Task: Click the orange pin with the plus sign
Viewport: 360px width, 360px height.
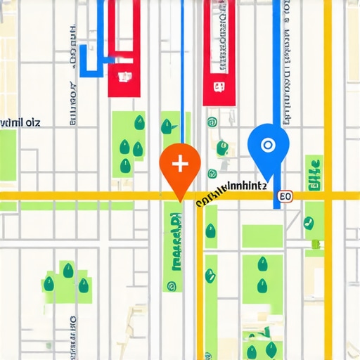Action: tap(181, 169)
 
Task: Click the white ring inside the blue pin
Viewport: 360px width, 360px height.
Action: tap(267, 146)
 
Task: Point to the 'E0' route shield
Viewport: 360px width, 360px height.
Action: tap(285, 197)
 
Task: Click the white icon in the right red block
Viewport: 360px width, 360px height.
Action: tap(218, 87)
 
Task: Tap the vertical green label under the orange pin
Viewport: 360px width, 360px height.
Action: tap(173, 239)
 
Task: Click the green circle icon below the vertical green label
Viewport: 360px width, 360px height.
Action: tap(171, 286)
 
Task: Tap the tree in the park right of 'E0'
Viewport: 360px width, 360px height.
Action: tap(309, 224)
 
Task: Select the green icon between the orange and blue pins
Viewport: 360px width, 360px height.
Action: tap(222, 147)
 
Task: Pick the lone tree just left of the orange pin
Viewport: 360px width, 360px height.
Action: tap(167, 127)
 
